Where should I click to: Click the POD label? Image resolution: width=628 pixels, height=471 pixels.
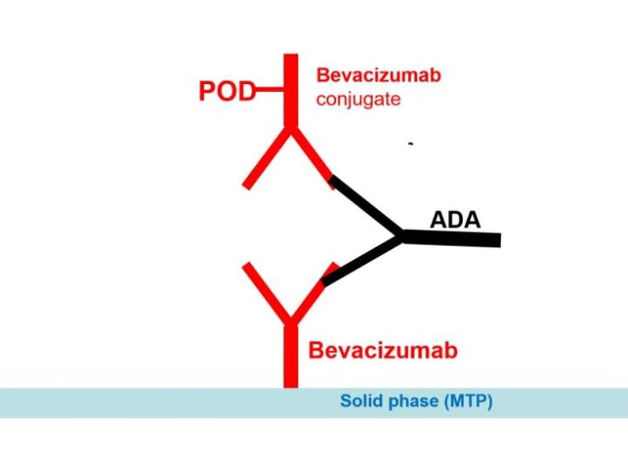click(x=226, y=92)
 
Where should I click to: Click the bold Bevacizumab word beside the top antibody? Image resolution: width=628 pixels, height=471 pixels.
click(x=378, y=76)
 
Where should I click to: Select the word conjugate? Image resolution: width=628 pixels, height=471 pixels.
click(x=358, y=100)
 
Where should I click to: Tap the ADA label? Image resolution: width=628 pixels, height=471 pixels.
click(x=455, y=219)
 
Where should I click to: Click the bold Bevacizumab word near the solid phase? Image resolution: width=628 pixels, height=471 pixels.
click(x=383, y=349)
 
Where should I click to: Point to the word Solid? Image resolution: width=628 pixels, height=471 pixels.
click(x=360, y=402)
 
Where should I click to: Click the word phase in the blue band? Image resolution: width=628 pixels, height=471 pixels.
click(x=412, y=402)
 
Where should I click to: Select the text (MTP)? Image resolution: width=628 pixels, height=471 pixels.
click(x=467, y=402)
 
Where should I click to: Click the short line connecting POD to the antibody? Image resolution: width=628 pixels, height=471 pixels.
click(x=269, y=92)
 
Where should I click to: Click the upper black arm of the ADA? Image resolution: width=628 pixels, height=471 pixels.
click(x=366, y=207)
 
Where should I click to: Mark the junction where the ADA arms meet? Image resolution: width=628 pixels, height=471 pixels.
click(x=401, y=235)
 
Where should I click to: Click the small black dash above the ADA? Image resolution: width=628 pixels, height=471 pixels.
click(x=410, y=144)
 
